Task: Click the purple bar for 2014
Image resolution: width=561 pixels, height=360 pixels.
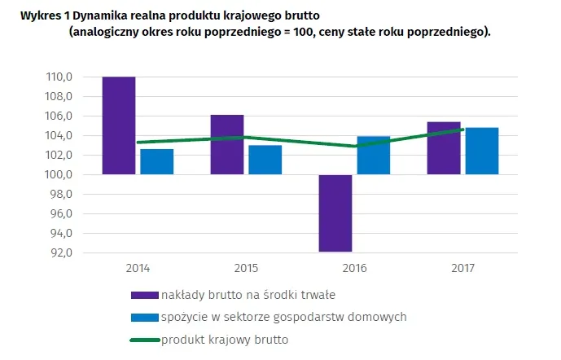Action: tap(119, 125)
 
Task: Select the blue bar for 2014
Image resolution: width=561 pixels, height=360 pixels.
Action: tap(156, 161)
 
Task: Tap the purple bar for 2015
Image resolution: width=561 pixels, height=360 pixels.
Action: tap(227, 144)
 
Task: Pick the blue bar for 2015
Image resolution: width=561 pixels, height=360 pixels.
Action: tap(265, 160)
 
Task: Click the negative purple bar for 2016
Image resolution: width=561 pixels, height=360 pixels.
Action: tap(335, 213)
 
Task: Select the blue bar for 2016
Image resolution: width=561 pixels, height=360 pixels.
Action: tap(373, 155)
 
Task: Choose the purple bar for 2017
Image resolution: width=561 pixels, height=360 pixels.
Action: tap(444, 147)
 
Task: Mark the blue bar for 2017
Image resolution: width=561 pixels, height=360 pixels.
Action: tap(481, 151)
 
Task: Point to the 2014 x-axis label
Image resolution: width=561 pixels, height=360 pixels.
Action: tap(138, 267)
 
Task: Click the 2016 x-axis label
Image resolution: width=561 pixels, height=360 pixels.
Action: tap(354, 267)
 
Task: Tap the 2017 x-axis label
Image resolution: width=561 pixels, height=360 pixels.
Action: tap(462, 267)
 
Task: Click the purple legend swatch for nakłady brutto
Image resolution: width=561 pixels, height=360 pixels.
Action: tap(144, 294)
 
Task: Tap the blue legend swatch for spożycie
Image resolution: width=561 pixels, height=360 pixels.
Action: tap(144, 317)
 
